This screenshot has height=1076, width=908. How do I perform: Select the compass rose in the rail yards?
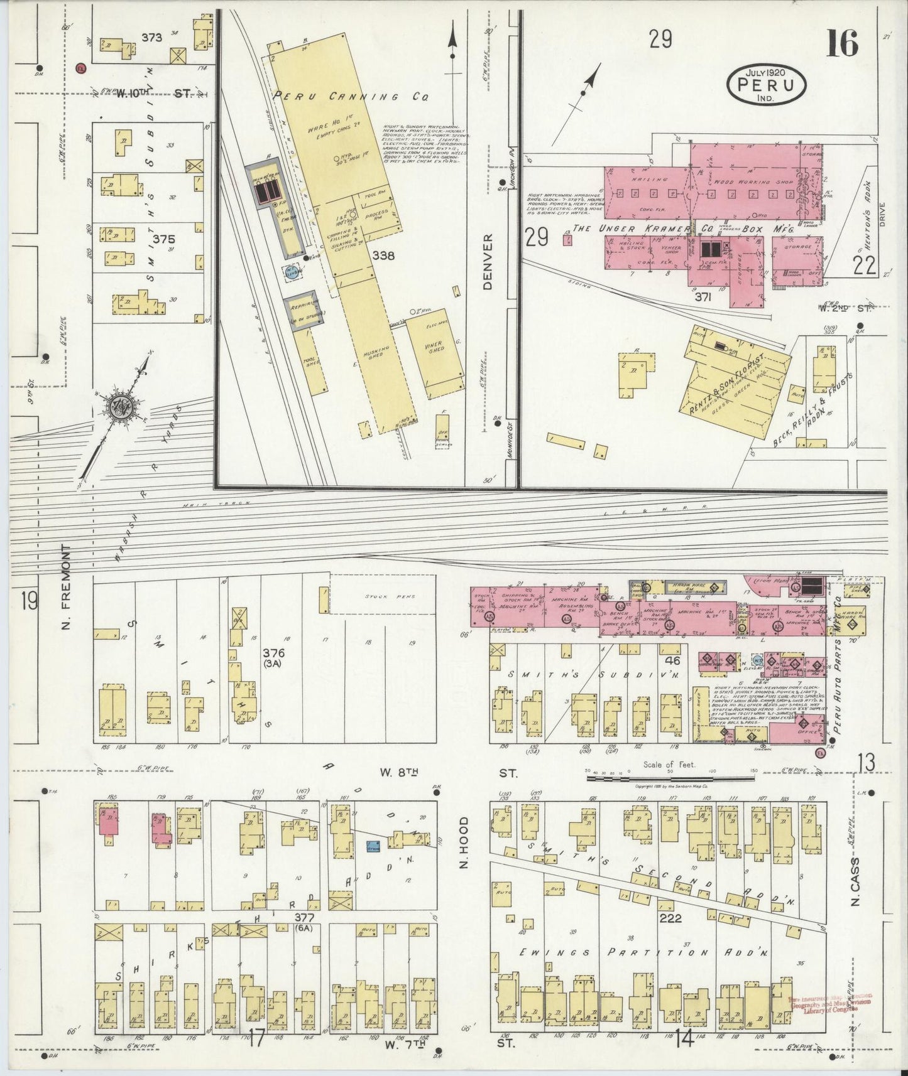(x=120, y=407)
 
